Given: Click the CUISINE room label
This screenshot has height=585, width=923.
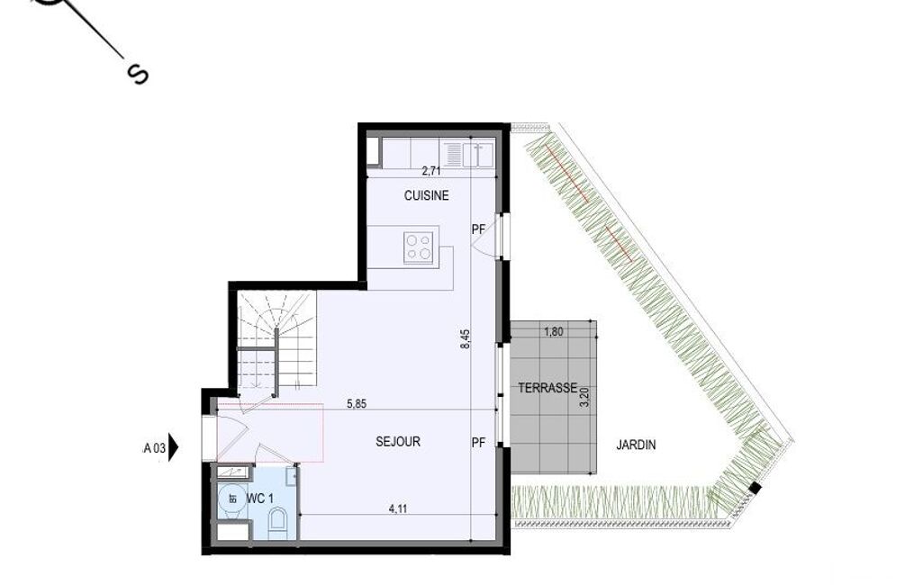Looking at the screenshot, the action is pyautogui.click(x=426, y=195).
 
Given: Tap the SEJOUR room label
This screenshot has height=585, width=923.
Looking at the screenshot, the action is pyautogui.click(x=398, y=441).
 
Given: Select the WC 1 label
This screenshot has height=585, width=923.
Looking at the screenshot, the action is pyautogui.click(x=259, y=499).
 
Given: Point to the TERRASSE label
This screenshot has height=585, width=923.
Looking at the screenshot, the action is pyautogui.click(x=547, y=388).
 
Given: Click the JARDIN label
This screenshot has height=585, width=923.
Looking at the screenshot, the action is pyautogui.click(x=636, y=445).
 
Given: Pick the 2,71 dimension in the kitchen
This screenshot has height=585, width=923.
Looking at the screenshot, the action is pyautogui.click(x=431, y=171).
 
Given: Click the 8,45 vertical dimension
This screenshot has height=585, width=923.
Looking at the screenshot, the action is pyautogui.click(x=465, y=339).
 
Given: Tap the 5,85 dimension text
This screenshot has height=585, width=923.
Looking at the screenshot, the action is pyautogui.click(x=357, y=404).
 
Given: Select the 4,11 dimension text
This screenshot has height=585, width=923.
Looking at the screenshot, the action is pyautogui.click(x=398, y=509).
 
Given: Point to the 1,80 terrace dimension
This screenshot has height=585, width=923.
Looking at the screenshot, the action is pyautogui.click(x=553, y=331).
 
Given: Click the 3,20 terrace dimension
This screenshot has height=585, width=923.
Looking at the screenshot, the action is pyautogui.click(x=584, y=397).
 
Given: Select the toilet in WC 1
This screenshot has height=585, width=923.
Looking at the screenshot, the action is pyautogui.click(x=277, y=523).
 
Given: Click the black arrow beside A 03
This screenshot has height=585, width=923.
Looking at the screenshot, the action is pyautogui.click(x=174, y=447).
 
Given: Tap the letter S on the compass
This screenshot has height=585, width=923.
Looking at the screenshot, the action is pyautogui.click(x=138, y=74).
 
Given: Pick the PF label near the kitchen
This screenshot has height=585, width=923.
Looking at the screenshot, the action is pyautogui.click(x=478, y=229).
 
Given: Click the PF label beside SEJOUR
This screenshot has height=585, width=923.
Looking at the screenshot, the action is pyautogui.click(x=478, y=442).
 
